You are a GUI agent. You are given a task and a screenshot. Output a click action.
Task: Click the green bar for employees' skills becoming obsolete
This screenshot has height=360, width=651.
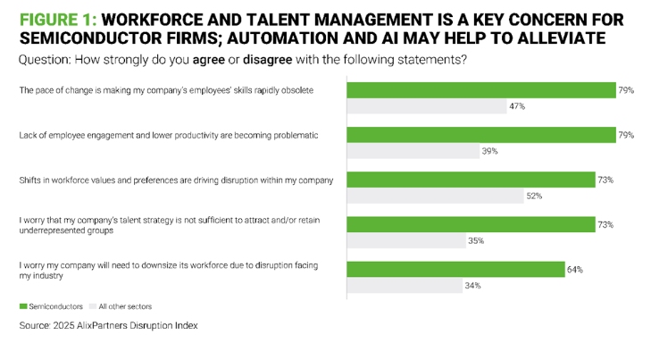click(480, 90)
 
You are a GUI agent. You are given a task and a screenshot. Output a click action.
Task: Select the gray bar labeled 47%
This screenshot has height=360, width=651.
click(425, 106)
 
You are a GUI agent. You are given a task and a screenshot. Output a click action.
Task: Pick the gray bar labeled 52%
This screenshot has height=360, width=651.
click(434, 196)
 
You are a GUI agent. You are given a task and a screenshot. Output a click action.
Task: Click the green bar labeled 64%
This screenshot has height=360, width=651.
click(455, 269)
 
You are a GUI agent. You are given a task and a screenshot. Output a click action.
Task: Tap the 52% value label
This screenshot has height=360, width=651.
click(535, 196)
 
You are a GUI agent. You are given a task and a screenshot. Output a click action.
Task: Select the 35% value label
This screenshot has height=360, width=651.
click(476, 240)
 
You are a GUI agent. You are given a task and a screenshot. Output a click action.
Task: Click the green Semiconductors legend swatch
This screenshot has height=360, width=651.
click(23, 306)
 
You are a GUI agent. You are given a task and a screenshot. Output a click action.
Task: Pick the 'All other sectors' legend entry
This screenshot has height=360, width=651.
click(124, 306)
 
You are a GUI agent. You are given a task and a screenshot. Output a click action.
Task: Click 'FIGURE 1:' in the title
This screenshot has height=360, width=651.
click(60, 18)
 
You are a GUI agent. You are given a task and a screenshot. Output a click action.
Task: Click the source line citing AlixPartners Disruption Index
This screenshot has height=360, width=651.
click(108, 326)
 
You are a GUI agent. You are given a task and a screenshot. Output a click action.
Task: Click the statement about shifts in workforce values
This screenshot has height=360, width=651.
click(176, 180)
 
